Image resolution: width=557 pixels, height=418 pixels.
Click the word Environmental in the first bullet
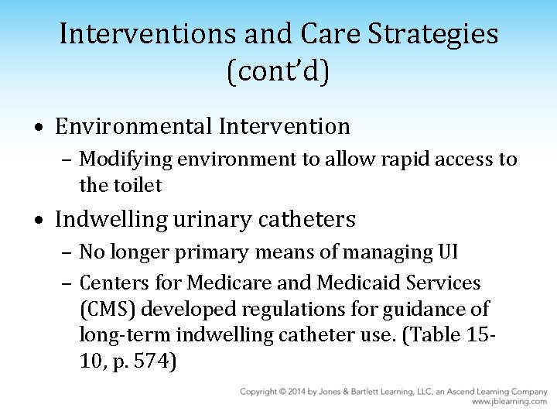pyautogui.click(x=134, y=125)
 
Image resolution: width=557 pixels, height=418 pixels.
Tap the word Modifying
pyautogui.click(x=127, y=159)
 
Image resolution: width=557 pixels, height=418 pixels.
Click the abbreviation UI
pyautogui.click(x=447, y=252)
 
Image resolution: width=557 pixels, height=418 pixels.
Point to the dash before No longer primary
pyautogui.click(x=68, y=253)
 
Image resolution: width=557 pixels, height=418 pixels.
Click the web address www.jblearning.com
pyautogui.click(x=509, y=403)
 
